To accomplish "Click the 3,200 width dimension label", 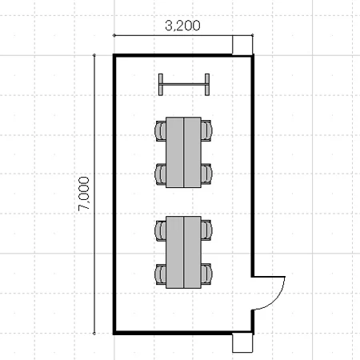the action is coord(182,26).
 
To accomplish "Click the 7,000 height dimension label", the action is coord(84,194).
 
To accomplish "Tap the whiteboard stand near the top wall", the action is coord(184,85).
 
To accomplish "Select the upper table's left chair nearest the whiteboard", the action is coord(160,130).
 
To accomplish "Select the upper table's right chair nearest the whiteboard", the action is coord(206,130).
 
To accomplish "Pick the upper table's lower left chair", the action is coord(160,174).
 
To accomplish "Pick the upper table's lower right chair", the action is coord(206,174).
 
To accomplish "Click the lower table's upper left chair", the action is coord(160,230).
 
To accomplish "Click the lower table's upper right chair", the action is coord(206,230).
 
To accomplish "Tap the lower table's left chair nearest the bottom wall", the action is coord(160,274).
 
